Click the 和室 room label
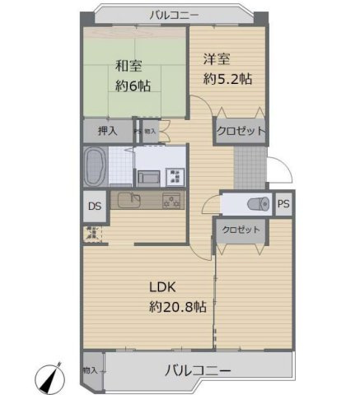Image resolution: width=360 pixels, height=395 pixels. click(x=129, y=65)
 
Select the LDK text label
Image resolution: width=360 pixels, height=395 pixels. click(x=164, y=288)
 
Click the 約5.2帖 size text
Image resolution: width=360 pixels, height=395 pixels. click(x=227, y=79)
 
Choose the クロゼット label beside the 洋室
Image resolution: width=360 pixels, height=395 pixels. click(x=241, y=131)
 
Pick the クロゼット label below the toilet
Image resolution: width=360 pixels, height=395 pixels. click(x=241, y=230)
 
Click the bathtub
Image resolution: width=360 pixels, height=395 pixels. click(x=93, y=166)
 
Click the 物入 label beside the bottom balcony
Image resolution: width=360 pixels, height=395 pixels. click(x=91, y=370)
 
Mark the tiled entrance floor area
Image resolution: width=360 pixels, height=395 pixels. click(x=250, y=165)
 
